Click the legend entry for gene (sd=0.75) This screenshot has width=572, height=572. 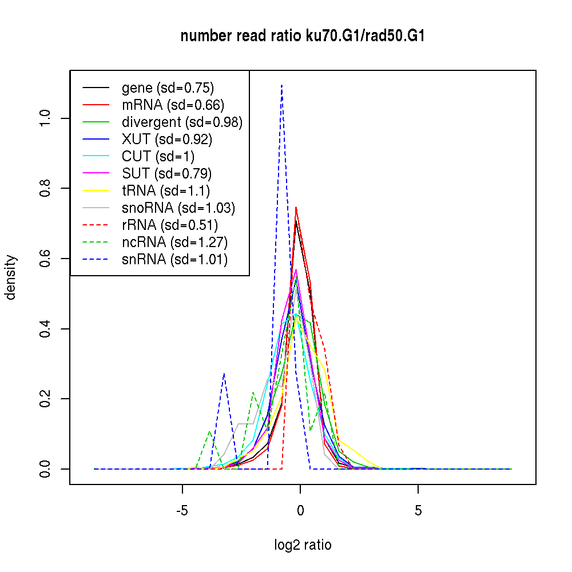(x=168, y=88)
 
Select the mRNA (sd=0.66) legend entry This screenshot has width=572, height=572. (x=173, y=105)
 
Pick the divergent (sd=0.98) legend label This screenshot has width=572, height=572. (x=182, y=122)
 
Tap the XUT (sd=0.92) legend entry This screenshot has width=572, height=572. (x=167, y=140)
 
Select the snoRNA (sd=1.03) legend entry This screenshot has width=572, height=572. (x=178, y=208)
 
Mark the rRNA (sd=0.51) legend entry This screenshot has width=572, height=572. (x=170, y=225)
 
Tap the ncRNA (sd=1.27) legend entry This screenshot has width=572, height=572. (x=175, y=243)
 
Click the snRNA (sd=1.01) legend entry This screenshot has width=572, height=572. (x=174, y=260)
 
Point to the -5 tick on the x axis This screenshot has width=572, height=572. (x=182, y=510)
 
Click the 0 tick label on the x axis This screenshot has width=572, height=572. (x=300, y=510)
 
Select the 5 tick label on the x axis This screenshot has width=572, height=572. (x=418, y=510)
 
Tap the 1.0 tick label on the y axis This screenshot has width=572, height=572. (x=46, y=118)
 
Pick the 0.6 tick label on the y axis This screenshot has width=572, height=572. (x=46, y=259)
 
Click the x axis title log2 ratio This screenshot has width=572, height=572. (x=303, y=545)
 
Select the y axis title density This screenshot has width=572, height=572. (x=11, y=277)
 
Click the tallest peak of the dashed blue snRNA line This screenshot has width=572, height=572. (x=281, y=86)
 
